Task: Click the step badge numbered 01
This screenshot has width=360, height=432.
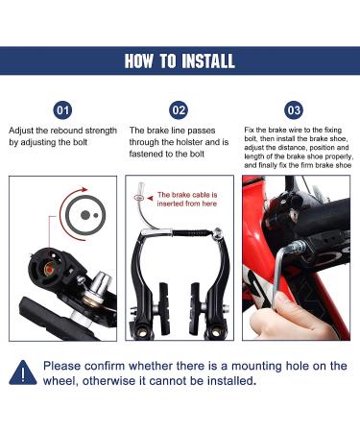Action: coord(62,109)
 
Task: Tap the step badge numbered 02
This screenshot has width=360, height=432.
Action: coord(180,109)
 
